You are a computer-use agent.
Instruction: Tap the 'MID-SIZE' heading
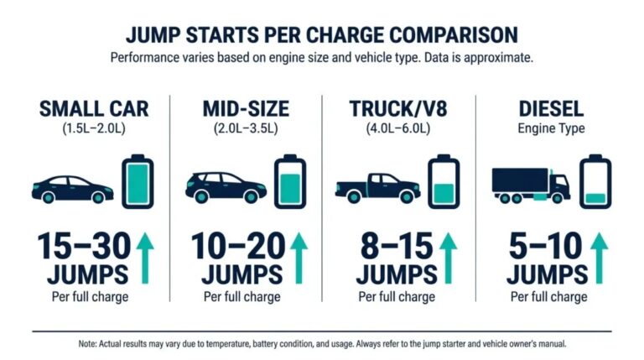[246, 110]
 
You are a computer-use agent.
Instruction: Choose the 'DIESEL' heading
[551, 110]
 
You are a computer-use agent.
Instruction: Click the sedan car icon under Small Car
[72, 188]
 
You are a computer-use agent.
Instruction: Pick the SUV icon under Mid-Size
[226, 187]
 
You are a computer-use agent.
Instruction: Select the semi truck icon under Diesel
[530, 184]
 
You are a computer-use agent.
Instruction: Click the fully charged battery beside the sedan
[137, 180]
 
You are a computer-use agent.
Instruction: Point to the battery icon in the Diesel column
[595, 180]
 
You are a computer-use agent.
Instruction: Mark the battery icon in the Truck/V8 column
[443, 180]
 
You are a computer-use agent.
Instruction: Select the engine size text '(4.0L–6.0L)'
[399, 130]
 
